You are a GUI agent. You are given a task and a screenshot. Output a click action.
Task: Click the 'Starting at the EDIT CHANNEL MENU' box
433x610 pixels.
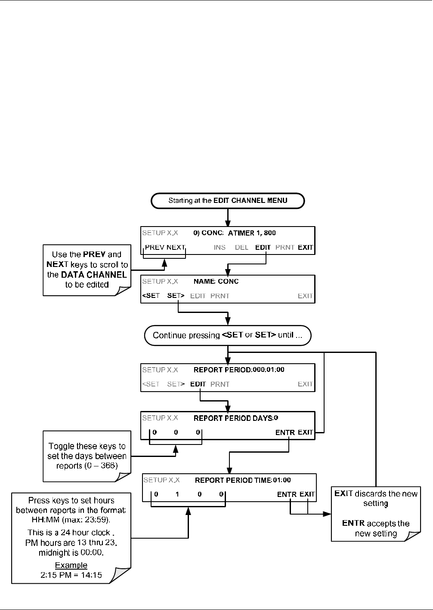(228, 201)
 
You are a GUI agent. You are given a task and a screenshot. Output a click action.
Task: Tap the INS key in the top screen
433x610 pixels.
(220, 247)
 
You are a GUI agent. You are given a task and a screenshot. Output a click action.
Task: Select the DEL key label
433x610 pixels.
(241, 247)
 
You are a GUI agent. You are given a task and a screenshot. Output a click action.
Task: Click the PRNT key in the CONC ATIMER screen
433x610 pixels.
(285, 247)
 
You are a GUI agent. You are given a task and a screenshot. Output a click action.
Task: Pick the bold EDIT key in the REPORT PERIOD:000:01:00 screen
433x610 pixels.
(198, 384)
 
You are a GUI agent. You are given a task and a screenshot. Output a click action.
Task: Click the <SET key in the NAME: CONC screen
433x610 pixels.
(151, 296)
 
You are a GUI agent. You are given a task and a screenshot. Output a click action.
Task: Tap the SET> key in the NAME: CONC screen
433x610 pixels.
(176, 296)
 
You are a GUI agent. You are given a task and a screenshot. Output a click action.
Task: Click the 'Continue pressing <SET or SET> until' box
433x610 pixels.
(228, 335)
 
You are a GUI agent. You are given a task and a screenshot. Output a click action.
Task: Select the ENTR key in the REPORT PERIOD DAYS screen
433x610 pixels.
(285, 432)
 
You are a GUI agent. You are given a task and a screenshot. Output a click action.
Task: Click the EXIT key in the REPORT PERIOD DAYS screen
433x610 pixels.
(306, 432)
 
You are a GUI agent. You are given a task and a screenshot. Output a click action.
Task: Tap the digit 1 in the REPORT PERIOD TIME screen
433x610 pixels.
(177, 494)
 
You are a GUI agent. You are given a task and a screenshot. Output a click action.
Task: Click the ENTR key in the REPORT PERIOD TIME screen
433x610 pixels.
(287, 494)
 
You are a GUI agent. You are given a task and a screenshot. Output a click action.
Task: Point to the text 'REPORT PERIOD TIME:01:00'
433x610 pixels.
(243, 480)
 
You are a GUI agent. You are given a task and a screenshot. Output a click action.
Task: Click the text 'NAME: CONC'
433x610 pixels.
(216, 281)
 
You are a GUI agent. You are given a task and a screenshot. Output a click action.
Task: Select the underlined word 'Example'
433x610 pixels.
(71, 565)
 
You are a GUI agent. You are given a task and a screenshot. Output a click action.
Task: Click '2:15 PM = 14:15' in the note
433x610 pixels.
(71, 575)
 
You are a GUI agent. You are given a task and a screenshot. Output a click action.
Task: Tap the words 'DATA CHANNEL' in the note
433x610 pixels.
(94, 275)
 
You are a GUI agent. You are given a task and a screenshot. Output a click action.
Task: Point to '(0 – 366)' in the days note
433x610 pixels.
(101, 466)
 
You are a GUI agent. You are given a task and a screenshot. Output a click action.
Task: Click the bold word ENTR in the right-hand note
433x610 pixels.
(353, 523)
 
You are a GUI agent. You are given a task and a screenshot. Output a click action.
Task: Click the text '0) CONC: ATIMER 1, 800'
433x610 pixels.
(235, 233)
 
